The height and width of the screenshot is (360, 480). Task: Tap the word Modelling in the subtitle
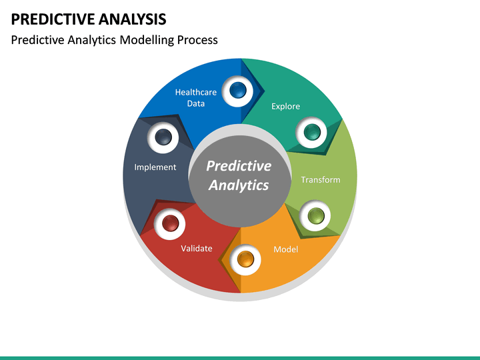coord(147,40)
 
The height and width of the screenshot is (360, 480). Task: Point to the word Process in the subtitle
coord(197,40)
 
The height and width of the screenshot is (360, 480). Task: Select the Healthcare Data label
coord(195,98)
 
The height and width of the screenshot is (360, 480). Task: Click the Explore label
coord(285,106)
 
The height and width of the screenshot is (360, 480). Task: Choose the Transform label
coord(320,179)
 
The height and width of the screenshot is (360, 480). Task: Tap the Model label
coord(285,249)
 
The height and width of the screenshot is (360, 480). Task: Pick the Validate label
coord(197,248)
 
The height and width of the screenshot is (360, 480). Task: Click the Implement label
coord(155,167)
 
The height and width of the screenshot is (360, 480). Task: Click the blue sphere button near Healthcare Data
coord(237,89)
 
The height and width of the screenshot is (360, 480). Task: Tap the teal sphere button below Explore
coord(312,132)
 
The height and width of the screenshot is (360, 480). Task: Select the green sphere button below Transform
coord(315,215)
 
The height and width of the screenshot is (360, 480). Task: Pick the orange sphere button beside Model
coord(245,259)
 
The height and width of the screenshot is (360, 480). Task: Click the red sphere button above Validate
coord(170,223)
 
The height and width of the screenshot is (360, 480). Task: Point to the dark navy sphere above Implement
coord(163,138)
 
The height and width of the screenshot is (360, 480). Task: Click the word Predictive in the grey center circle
coord(239,166)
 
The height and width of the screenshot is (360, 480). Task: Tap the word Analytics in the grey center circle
coord(239,185)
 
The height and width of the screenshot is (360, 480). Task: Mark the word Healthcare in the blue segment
coord(195,93)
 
